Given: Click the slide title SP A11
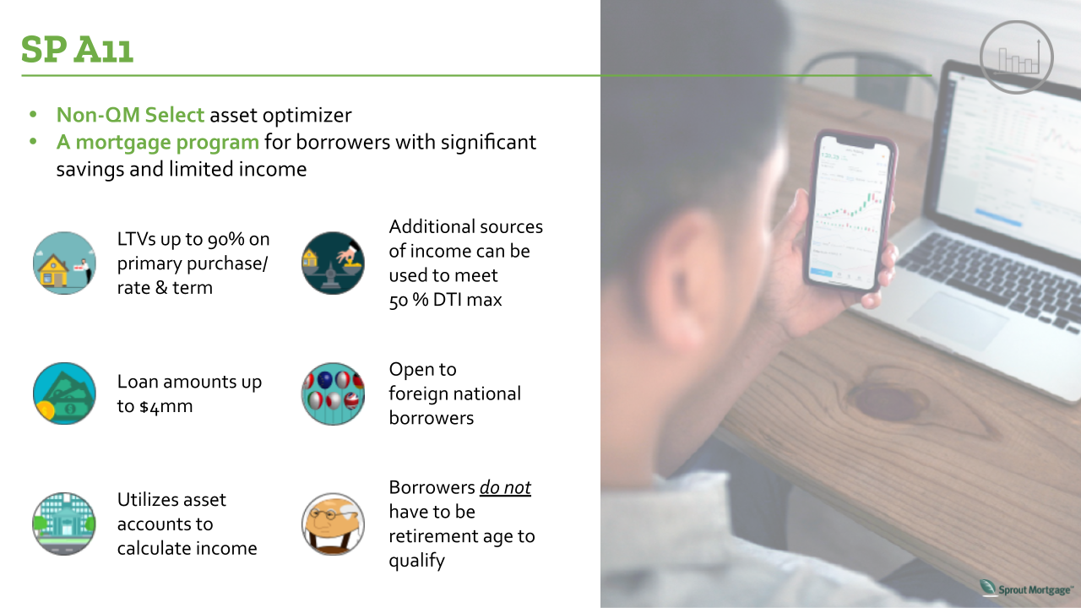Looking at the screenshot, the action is (x=77, y=49).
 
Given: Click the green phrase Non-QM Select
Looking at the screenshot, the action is (x=130, y=115).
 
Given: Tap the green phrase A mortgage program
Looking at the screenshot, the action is (x=158, y=143).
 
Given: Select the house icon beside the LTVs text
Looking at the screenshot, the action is (x=64, y=263).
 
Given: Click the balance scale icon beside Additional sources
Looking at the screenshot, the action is (x=333, y=263).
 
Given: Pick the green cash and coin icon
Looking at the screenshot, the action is (x=64, y=394).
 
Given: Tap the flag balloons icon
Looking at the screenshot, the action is (x=333, y=394).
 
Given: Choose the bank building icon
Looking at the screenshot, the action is (x=64, y=524).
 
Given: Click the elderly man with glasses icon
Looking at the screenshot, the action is (x=333, y=524).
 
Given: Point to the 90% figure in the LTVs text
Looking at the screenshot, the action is (x=226, y=239).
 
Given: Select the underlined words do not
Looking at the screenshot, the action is (x=505, y=488).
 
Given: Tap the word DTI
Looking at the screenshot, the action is (x=448, y=300).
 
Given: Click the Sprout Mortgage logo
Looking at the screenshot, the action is (x=1026, y=589).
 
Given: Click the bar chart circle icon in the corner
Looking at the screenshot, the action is (x=1017, y=57).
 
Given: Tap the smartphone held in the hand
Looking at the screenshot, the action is (x=850, y=210).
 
